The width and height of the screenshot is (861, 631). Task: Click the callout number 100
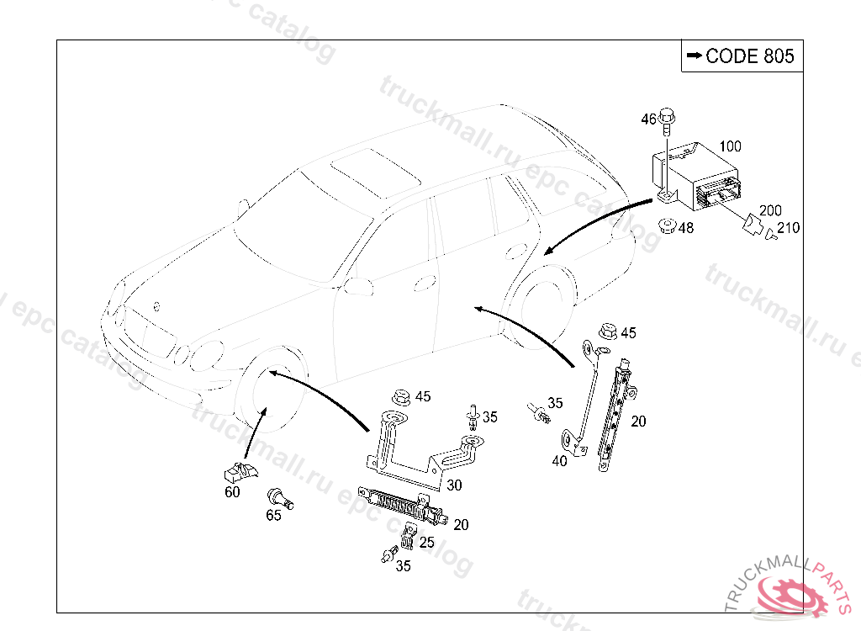(x=729, y=146)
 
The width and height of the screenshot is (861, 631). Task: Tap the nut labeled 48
(x=667, y=226)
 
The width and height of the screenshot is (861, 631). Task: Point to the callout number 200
(x=770, y=210)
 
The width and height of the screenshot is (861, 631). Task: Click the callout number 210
(x=788, y=228)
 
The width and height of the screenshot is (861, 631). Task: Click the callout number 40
(x=560, y=459)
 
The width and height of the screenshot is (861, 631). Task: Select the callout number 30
(x=454, y=485)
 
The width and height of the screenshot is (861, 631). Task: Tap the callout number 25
(x=427, y=543)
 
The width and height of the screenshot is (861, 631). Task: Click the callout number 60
(x=232, y=492)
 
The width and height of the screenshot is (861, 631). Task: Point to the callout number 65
(x=274, y=516)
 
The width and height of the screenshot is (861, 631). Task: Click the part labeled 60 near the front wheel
(x=240, y=473)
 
